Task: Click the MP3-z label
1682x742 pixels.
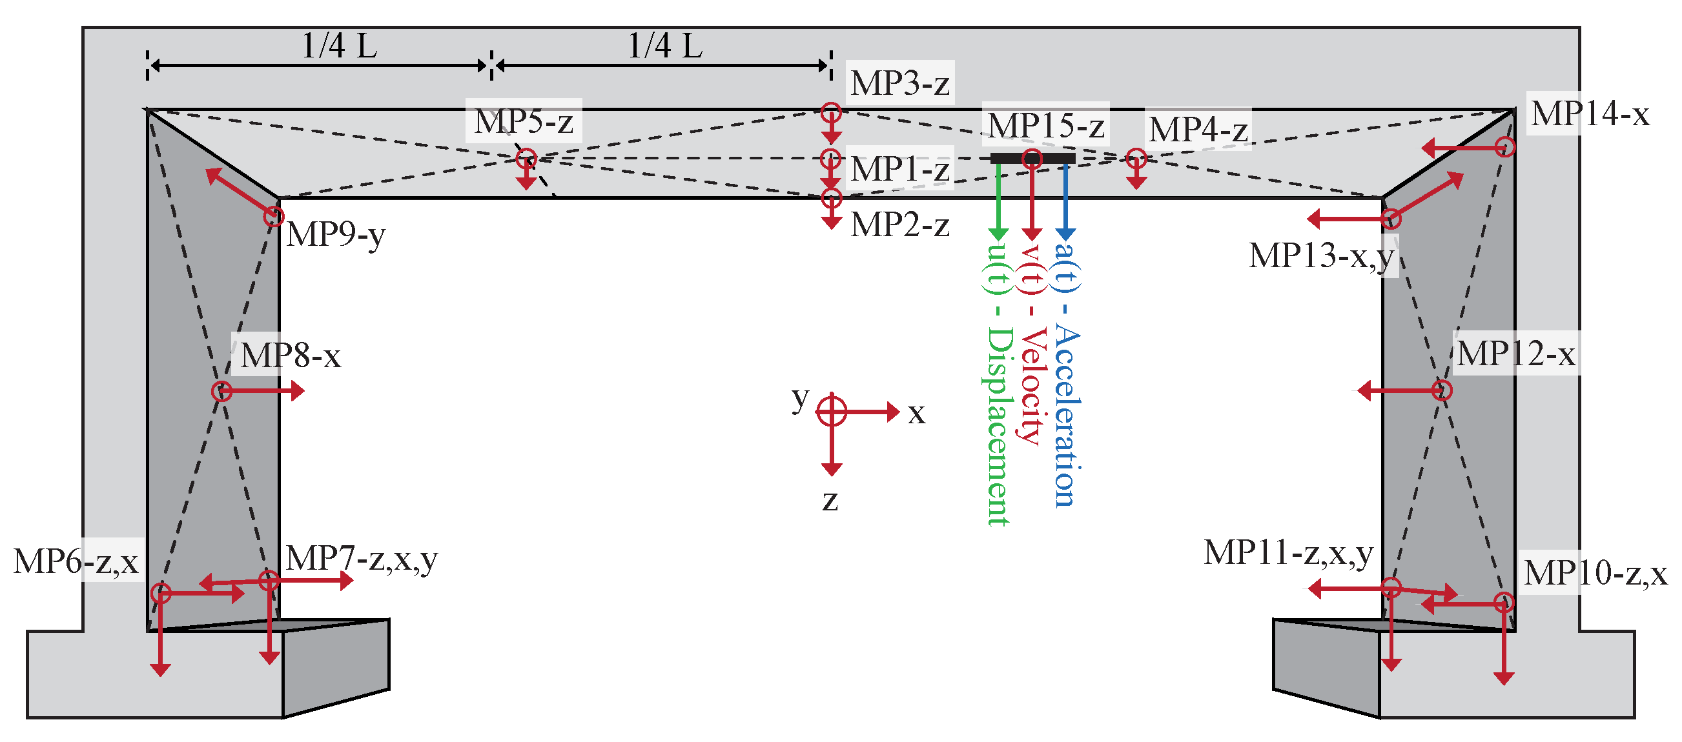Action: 900,83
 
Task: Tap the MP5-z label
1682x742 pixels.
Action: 524,121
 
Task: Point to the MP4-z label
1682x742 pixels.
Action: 1198,128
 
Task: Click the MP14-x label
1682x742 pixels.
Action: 1590,114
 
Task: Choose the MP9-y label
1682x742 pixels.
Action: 336,234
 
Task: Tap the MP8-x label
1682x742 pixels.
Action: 291,356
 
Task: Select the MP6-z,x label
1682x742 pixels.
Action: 76,561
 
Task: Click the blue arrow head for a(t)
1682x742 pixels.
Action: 1065,234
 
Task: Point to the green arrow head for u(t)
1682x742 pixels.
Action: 998,234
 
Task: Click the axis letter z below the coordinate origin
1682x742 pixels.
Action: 830,501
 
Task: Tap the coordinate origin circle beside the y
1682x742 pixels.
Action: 831,412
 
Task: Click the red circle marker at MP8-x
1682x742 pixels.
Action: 222,392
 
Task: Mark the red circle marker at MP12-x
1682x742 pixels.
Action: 1442,390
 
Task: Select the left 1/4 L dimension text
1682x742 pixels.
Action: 340,46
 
